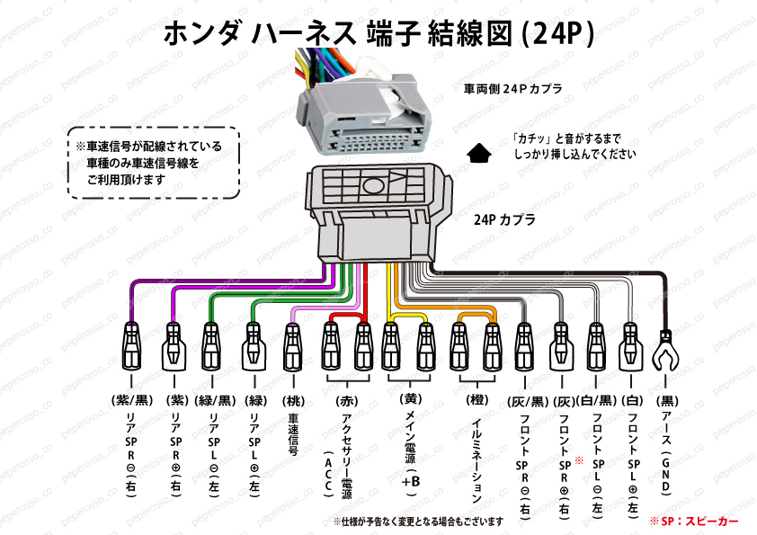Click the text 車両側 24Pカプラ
[x=513, y=90]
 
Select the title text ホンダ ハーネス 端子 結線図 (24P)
[x=378, y=33]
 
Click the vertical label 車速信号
[x=293, y=436]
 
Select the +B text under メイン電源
[x=410, y=481]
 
